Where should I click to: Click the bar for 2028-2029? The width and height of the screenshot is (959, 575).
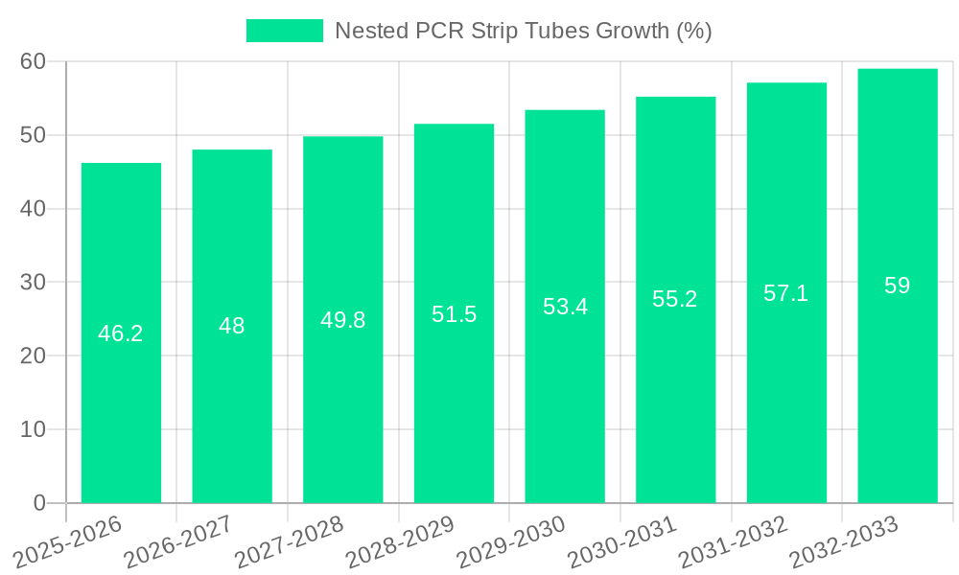[454, 383]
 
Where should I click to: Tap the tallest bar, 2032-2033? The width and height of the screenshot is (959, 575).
[898, 383]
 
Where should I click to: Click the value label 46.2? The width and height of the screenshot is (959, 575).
[121, 333]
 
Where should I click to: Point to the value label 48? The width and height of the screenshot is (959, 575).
[232, 326]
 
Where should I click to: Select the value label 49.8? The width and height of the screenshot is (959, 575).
[343, 320]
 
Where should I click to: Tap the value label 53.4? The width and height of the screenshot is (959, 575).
[565, 307]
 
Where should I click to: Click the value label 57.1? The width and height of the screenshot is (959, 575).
[786, 293]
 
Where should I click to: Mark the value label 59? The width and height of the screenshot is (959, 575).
[898, 286]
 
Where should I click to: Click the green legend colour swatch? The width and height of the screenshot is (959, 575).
[285, 31]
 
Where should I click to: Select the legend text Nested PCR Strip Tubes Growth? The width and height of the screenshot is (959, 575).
[523, 31]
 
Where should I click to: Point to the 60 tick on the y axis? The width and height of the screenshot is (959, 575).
[33, 61]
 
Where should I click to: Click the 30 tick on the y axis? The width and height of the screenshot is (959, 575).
[33, 282]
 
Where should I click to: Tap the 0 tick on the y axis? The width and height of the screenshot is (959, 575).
[38, 503]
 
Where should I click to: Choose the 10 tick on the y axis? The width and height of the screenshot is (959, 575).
[33, 429]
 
